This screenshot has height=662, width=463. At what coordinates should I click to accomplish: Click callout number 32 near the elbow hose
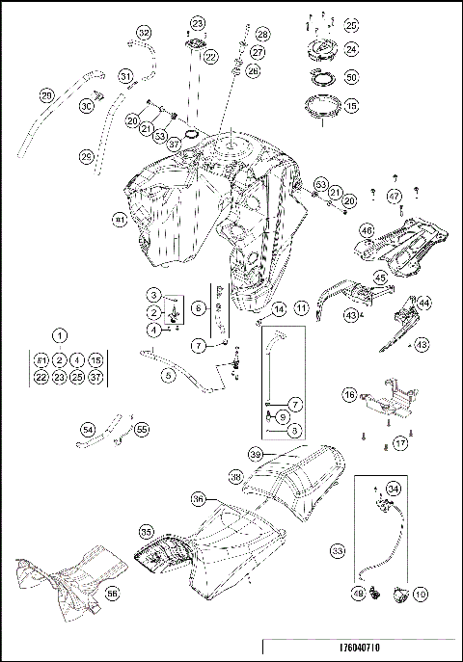coord(144,34)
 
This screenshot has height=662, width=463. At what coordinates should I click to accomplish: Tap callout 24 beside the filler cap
coord(351,47)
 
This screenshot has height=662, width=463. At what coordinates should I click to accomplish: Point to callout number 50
coord(351,76)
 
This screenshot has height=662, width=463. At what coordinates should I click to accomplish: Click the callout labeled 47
coord(395,196)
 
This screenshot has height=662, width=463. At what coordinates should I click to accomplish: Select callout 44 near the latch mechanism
coord(424,302)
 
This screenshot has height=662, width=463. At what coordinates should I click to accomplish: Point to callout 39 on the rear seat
coord(256,453)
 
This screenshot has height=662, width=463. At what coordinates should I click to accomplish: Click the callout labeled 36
coord(198,499)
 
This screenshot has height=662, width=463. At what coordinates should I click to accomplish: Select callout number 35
coord(146,531)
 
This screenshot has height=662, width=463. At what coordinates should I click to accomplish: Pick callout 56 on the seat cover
coord(112,595)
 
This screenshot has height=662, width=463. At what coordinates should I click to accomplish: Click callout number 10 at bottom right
coord(420,596)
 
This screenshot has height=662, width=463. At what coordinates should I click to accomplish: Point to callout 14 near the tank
coord(279,309)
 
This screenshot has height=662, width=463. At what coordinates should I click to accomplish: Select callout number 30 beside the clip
coord(87,106)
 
